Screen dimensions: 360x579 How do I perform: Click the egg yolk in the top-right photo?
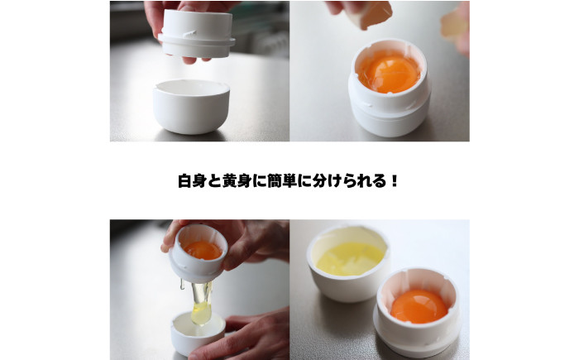(388, 73)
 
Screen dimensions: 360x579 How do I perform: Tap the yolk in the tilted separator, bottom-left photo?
(201, 249)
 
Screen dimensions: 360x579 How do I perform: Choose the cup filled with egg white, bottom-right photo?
(348, 258)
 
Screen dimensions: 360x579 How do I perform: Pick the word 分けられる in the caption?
(352, 180)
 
